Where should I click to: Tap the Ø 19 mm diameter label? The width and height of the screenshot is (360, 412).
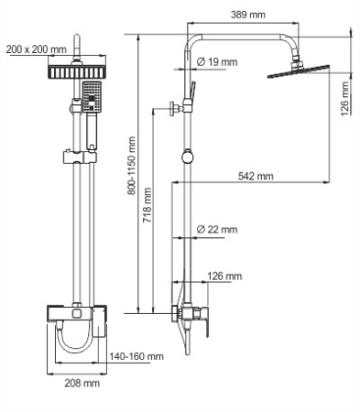point(217,63)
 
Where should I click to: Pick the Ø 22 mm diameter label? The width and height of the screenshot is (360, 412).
point(217,229)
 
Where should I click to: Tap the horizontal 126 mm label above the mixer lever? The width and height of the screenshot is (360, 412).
point(225,276)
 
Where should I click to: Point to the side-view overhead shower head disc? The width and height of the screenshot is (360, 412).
point(298,72)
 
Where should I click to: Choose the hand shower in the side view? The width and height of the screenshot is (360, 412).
point(191,98)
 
